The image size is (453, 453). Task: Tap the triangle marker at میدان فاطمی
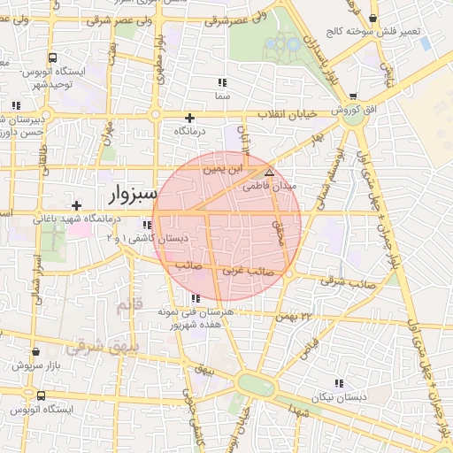pos(269,172)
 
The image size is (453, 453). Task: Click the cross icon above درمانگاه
pos(188,118)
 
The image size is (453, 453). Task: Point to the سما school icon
pos(221,82)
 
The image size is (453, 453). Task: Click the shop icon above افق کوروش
pos(354,96)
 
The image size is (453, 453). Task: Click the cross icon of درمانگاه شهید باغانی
pos(77,205)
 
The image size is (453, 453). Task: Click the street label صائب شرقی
pos(346,283)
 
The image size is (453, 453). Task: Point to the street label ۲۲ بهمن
pos(296,316)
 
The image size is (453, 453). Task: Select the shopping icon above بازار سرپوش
pos(35,351)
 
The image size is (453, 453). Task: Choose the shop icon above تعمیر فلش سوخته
pos(375,18)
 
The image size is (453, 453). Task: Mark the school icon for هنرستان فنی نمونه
pos(195,299)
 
